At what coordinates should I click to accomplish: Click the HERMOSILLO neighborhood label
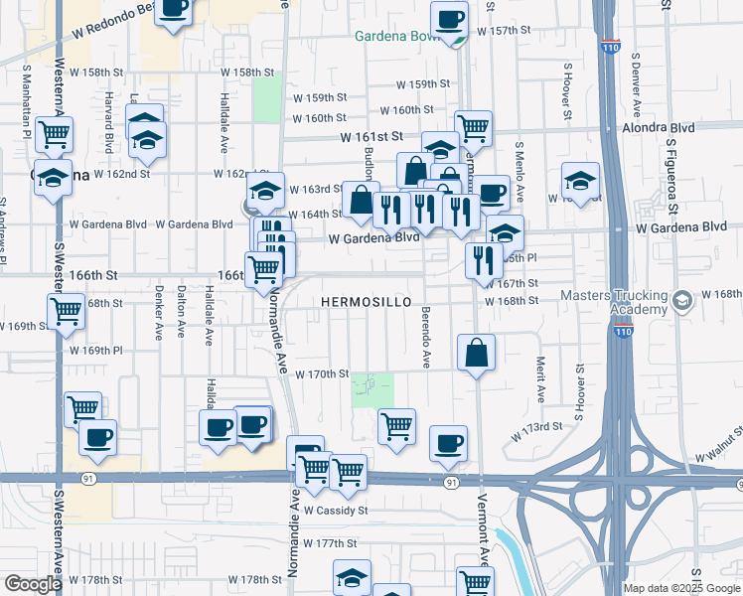[x=365, y=300]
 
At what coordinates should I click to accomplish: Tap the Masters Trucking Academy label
[x=615, y=302]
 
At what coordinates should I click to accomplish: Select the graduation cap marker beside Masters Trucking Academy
[x=682, y=300]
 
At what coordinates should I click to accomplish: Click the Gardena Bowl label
[x=397, y=38]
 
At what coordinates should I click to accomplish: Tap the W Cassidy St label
[x=336, y=511]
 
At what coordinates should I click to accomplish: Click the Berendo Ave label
[x=426, y=345]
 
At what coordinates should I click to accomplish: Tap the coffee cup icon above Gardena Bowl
[x=449, y=18]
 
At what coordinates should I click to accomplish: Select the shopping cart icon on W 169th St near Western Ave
[x=67, y=310]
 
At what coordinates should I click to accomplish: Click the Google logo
[x=33, y=584]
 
